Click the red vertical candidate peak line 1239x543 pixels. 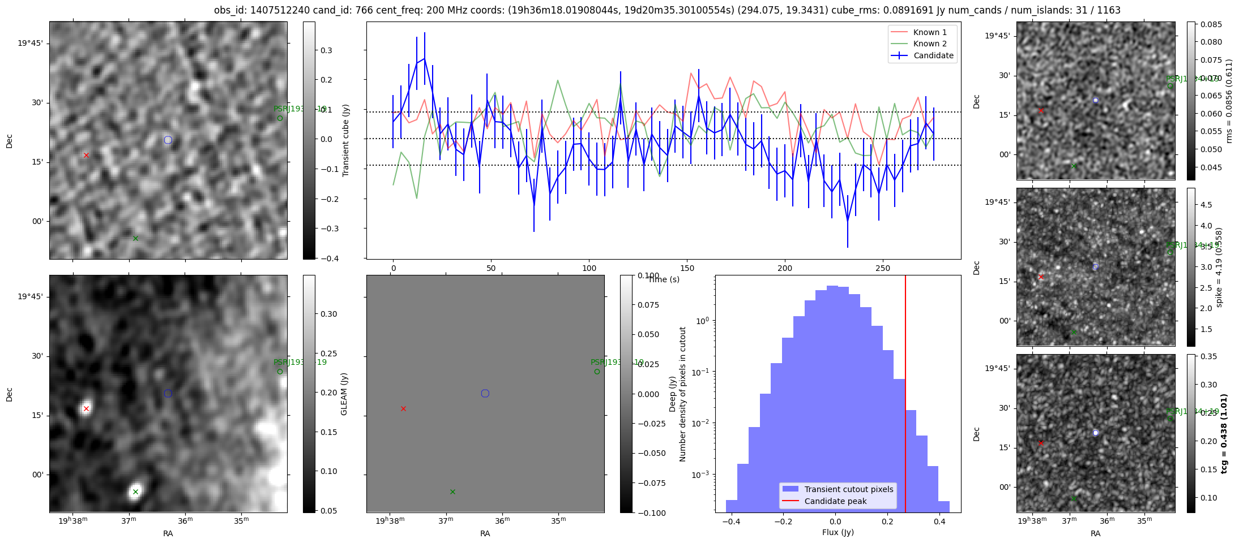[905, 396]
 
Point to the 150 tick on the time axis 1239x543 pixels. [687, 268]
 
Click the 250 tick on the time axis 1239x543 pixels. [883, 268]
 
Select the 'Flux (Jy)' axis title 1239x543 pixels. [838, 532]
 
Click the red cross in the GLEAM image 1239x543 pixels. [86, 408]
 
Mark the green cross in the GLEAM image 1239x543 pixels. [135, 492]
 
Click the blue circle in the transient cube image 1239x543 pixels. [168, 140]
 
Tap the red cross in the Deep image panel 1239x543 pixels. [403, 408]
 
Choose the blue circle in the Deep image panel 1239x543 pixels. [485, 393]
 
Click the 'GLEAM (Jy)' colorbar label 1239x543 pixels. [344, 394]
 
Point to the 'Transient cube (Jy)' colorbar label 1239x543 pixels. [345, 140]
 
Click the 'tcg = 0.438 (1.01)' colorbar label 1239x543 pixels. [1224, 433]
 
